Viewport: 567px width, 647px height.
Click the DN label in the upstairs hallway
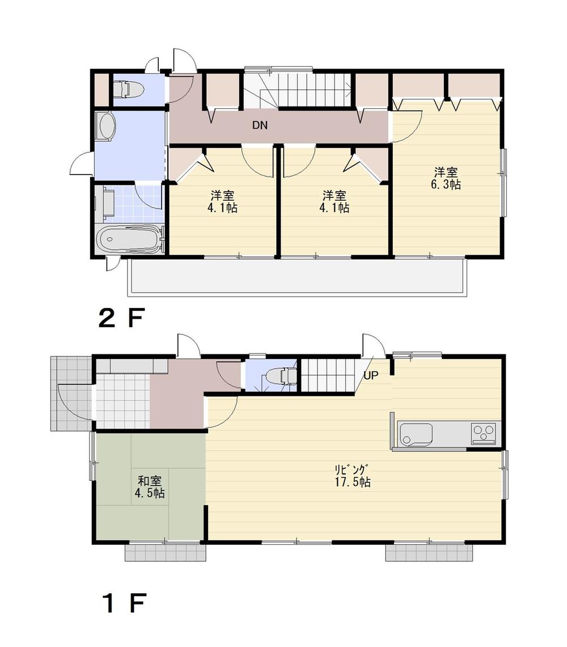point(260,126)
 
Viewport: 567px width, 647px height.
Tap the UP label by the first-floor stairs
point(371,375)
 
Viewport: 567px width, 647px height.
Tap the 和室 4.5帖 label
point(149,487)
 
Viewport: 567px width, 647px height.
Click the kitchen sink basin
point(416,434)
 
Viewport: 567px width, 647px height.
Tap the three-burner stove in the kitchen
point(483,434)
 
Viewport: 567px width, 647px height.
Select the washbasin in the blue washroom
point(105,126)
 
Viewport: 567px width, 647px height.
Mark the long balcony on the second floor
point(298,277)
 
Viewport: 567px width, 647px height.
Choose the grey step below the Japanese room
point(164,553)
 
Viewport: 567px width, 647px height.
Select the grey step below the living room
point(429,553)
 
